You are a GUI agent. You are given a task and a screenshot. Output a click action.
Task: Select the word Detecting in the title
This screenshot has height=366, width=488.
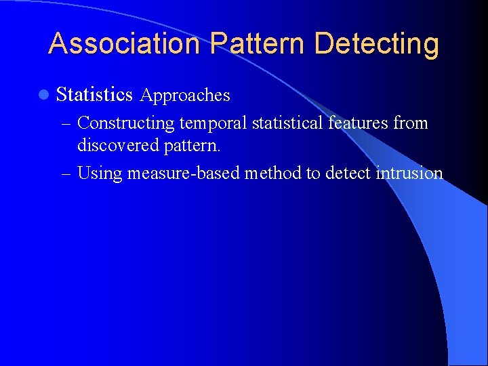pyautogui.click(x=377, y=43)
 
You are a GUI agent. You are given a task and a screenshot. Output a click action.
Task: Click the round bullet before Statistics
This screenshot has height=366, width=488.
pyautogui.click(x=44, y=95)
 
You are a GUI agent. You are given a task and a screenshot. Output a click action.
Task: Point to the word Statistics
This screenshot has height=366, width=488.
pyautogui.click(x=94, y=95)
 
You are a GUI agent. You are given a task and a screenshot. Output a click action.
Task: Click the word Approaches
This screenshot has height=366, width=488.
pyautogui.click(x=185, y=96)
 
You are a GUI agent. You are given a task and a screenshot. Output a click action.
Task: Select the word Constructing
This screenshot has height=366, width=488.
pyautogui.click(x=126, y=123)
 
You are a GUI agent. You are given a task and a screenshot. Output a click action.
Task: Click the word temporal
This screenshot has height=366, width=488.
pyautogui.click(x=213, y=123)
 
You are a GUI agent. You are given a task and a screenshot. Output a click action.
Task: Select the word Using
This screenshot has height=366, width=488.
pyautogui.click(x=100, y=174)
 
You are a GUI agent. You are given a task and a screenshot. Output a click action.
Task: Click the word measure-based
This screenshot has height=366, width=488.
pyautogui.click(x=183, y=174)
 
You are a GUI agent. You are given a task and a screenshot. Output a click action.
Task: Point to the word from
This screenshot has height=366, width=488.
pyautogui.click(x=412, y=123)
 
